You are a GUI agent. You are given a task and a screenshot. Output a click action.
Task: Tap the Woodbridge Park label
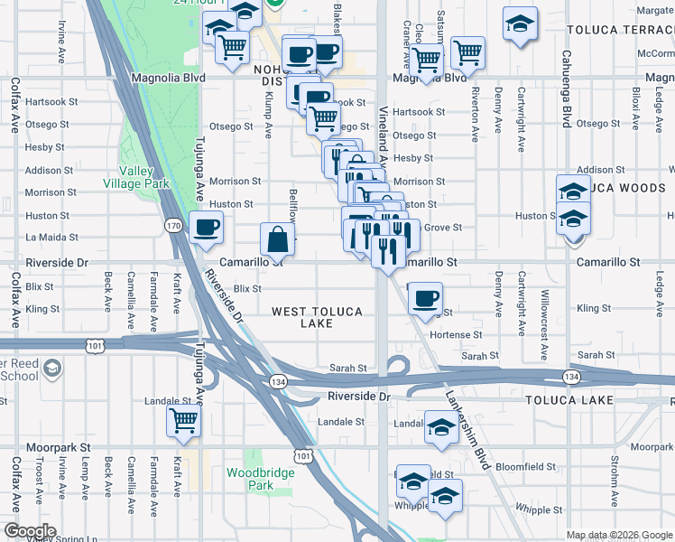coord(249,479)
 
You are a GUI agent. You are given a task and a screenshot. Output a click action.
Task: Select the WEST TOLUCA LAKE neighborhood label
coord(318,317)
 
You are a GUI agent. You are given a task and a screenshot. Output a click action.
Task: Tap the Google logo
coord(29,531)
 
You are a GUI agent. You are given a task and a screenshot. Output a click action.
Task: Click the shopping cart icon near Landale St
coord(183,421)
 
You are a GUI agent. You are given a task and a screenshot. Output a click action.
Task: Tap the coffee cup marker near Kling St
coord(425,298)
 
